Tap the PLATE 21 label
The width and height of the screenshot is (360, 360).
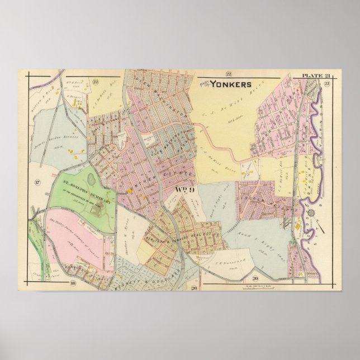(x=315, y=75)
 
